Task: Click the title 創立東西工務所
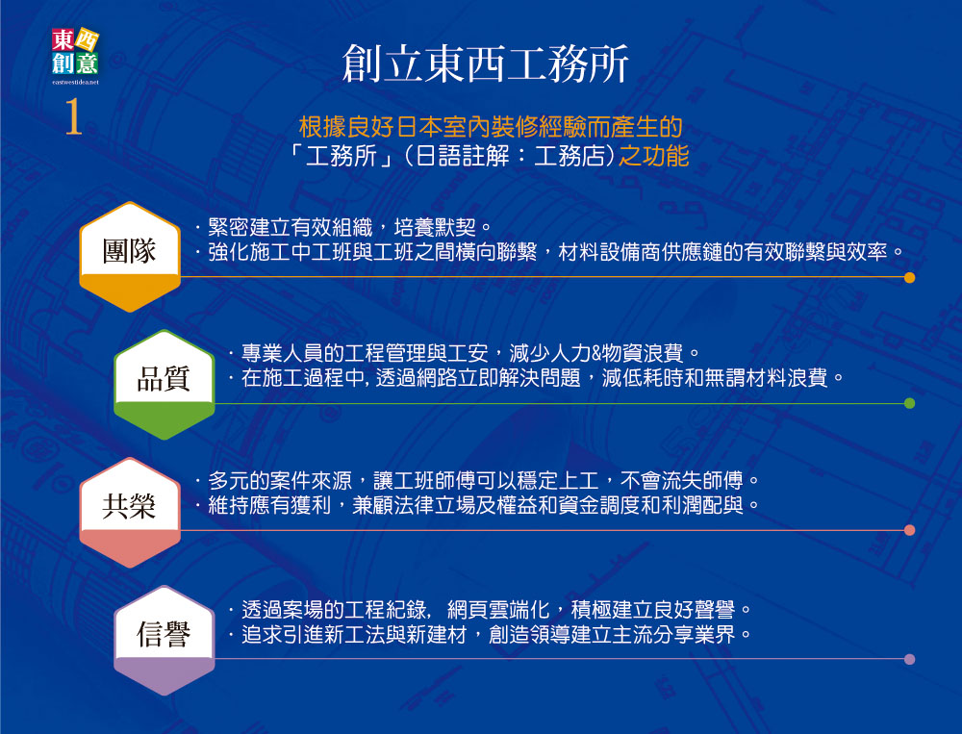pos(485,63)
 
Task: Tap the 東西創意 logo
pos(75,52)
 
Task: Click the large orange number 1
pos(74,116)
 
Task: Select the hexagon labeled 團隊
pos(130,257)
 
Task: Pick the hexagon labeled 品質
pos(164,384)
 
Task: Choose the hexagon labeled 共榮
pos(130,512)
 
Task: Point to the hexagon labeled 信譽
pos(164,640)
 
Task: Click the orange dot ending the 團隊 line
pos(909,277)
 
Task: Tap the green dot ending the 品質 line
pos(909,403)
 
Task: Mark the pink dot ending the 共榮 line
pos(909,530)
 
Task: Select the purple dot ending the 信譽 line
pos(909,659)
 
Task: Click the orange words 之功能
pos(653,156)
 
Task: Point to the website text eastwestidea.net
pos(75,81)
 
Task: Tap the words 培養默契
pos(435,228)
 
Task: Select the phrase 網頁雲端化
pos(498,609)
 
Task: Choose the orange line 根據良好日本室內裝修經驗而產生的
pos(491,127)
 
